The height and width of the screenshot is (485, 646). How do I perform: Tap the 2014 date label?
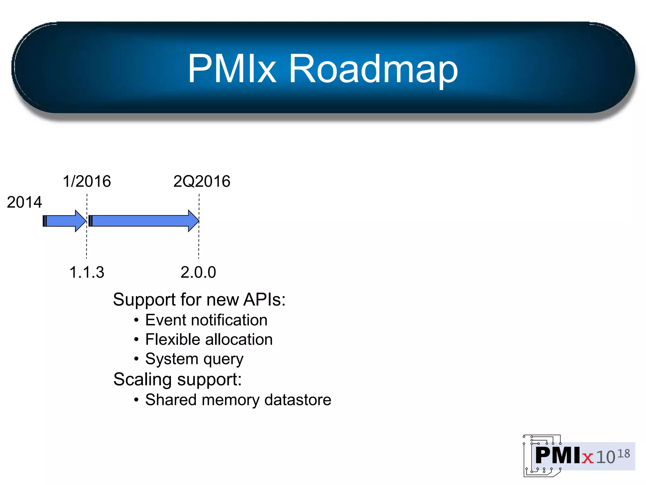pyautogui.click(x=24, y=202)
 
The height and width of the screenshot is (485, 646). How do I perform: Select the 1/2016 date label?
pyautogui.click(x=87, y=181)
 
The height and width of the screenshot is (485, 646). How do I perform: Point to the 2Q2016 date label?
pyautogui.click(x=202, y=181)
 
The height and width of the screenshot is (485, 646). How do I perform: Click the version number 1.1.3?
pyautogui.click(x=87, y=272)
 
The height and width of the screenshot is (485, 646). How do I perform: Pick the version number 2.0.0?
pyautogui.click(x=198, y=272)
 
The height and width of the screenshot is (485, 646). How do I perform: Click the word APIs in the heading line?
pyautogui.click(x=264, y=299)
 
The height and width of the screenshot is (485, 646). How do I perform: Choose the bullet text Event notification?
pyautogui.click(x=206, y=320)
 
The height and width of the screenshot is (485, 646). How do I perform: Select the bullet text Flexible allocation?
pyautogui.click(x=209, y=339)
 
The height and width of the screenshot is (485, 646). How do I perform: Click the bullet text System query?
pyautogui.click(x=194, y=359)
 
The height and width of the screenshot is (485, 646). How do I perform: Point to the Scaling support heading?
pyautogui.click(x=177, y=379)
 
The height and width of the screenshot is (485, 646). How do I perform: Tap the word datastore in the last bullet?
pyautogui.click(x=298, y=400)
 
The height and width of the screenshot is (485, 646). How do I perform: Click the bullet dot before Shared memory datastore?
pyautogui.click(x=136, y=400)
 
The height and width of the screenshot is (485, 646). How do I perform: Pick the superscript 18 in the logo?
pyautogui.click(x=623, y=454)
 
